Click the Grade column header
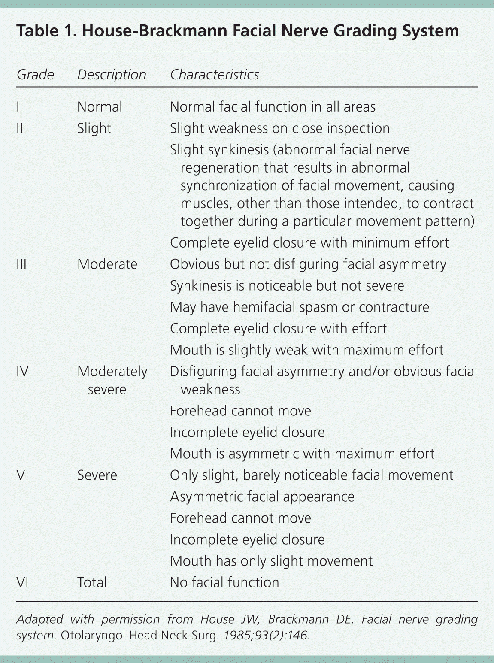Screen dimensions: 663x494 point(35,75)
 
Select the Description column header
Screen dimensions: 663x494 point(112,75)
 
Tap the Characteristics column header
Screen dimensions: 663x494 point(214,75)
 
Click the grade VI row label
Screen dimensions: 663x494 point(22,582)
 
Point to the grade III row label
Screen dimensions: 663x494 point(21,264)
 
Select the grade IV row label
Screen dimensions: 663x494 point(22,371)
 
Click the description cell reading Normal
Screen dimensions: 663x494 point(100,107)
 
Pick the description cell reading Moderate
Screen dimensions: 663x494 point(107,264)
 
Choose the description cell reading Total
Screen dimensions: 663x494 point(92,582)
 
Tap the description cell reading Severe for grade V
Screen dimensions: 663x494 point(97,475)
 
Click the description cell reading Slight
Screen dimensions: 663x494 point(94,128)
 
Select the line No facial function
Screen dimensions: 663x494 point(224,582)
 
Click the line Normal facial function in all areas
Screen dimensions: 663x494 point(273,107)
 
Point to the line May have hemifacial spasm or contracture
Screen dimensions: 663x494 point(300,307)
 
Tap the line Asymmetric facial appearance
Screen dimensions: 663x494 point(262,496)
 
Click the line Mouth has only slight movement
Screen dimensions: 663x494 point(271,561)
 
